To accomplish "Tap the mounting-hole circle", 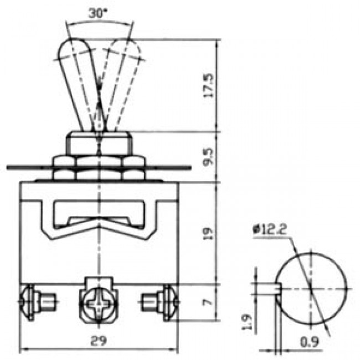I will coord(313,285).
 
